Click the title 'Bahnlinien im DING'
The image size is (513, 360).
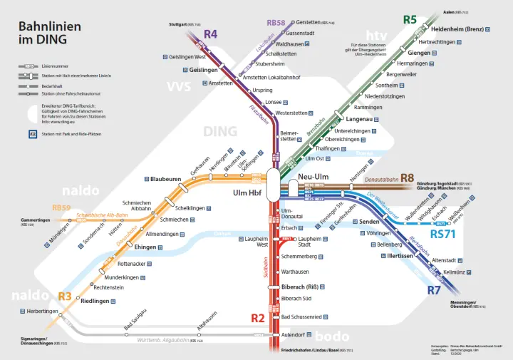[49, 33]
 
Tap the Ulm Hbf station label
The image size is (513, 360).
[248, 193]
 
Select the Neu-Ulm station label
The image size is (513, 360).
[313, 177]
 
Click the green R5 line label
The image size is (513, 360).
[410, 19]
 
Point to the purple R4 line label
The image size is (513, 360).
[210, 34]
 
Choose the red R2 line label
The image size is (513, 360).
[257, 317]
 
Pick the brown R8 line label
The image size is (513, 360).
[407, 178]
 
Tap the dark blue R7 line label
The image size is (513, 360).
[434, 290]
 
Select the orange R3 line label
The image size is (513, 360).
[65, 296]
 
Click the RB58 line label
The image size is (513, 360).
[276, 23]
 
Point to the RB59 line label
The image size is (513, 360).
[61, 207]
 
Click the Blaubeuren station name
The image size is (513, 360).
[166, 179]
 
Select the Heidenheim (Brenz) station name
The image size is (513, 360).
[459, 29]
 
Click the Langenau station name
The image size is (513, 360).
[359, 119]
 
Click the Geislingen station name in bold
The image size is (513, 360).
[204, 70]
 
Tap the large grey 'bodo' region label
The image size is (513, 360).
[332, 337]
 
